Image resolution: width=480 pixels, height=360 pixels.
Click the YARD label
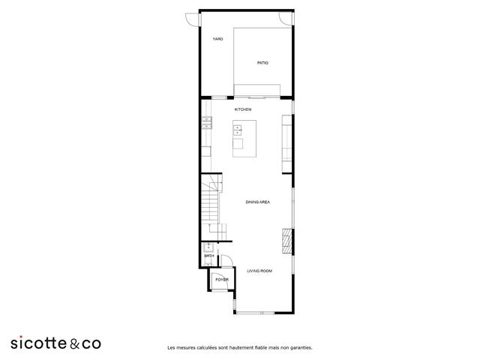click(x=217, y=39)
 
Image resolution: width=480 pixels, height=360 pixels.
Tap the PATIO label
click(x=262, y=63)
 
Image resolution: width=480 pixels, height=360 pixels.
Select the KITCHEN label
click(x=242, y=109)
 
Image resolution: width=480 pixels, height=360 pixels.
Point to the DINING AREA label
click(x=258, y=202)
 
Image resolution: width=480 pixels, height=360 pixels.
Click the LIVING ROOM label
click(x=259, y=270)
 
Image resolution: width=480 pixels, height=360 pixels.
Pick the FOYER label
click(x=221, y=280)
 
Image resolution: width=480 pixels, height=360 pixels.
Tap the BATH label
click(x=208, y=256)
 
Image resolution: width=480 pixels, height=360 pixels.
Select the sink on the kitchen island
click(x=238, y=130)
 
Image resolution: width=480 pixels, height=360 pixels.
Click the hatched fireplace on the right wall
click(x=286, y=239)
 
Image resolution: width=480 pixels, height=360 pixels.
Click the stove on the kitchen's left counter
click(x=205, y=123)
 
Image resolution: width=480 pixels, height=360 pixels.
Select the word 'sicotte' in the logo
click(x=38, y=343)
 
